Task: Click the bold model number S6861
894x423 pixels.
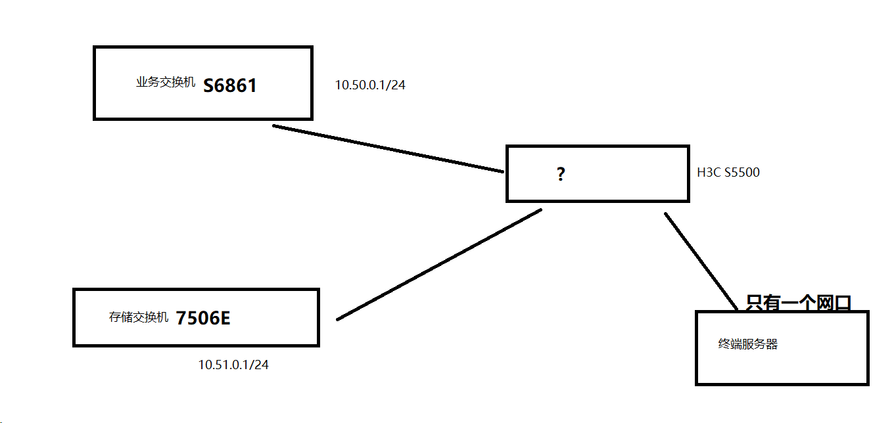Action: pos(229,86)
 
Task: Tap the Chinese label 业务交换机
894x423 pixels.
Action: pos(166,83)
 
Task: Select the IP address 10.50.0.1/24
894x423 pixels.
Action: pos(370,85)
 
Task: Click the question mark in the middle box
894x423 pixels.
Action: pos(561,174)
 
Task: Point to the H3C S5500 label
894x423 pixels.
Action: pos(728,173)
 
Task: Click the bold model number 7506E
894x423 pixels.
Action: pos(203,319)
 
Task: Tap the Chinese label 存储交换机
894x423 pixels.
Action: pos(139,318)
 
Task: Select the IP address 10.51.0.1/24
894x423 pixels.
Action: pos(233,365)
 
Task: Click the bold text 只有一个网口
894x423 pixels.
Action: pos(799,303)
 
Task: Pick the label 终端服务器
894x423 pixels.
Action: pos(748,344)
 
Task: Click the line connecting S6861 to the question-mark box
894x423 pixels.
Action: pos(388,148)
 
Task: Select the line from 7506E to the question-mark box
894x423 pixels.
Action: pos(439,265)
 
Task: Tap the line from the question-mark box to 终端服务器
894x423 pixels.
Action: pos(701,260)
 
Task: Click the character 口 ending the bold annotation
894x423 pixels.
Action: pos(843,303)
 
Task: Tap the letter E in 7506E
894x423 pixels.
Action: pos(225,319)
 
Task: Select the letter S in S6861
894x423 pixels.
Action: pos(209,86)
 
